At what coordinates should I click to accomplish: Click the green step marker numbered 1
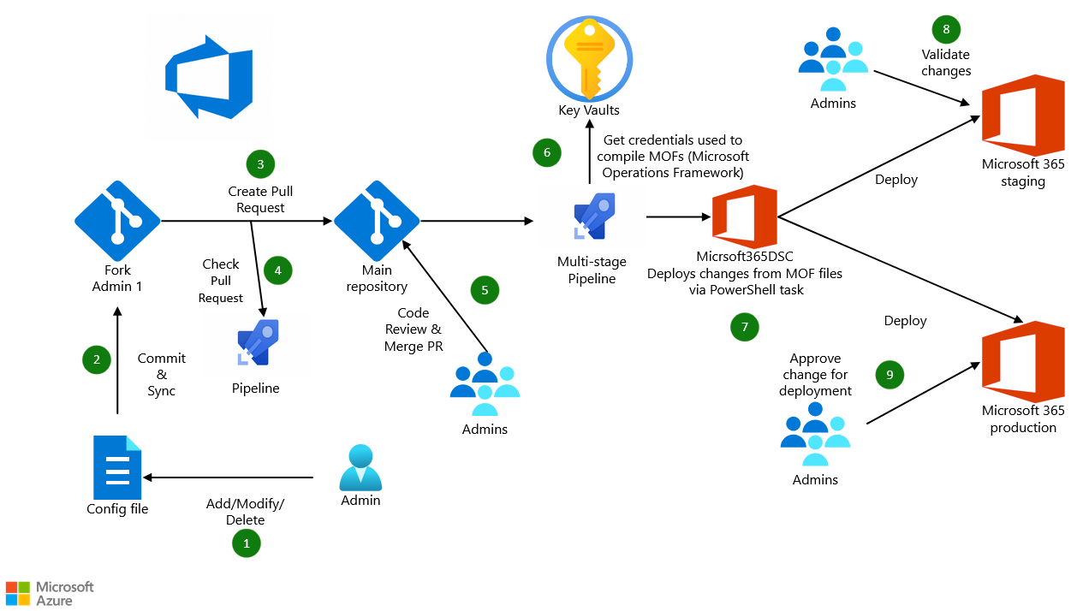(246, 543)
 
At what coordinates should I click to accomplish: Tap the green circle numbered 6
(546, 153)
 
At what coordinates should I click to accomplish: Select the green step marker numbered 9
(890, 374)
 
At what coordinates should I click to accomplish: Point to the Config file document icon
(117, 466)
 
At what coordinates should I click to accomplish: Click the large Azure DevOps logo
(209, 77)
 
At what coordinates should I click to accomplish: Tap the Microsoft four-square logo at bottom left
(17, 593)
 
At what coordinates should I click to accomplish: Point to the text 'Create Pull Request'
(260, 199)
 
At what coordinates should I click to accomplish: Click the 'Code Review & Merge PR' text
(414, 329)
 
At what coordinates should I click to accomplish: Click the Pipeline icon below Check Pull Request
(255, 345)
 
